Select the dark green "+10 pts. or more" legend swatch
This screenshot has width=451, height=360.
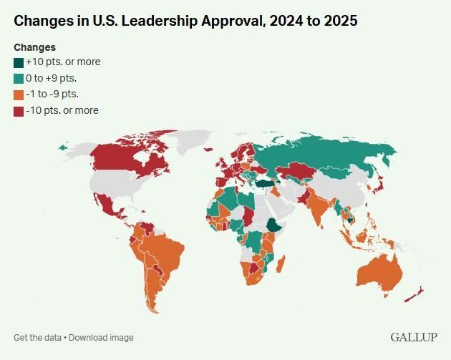coord(19,62)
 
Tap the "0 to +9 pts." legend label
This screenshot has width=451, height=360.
coord(51,78)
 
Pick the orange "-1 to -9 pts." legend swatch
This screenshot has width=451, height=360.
coord(19,94)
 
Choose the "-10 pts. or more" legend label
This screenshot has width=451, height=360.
coord(62,110)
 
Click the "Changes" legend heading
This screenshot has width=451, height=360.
coord(34,47)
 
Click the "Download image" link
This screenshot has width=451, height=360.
coord(101,338)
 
